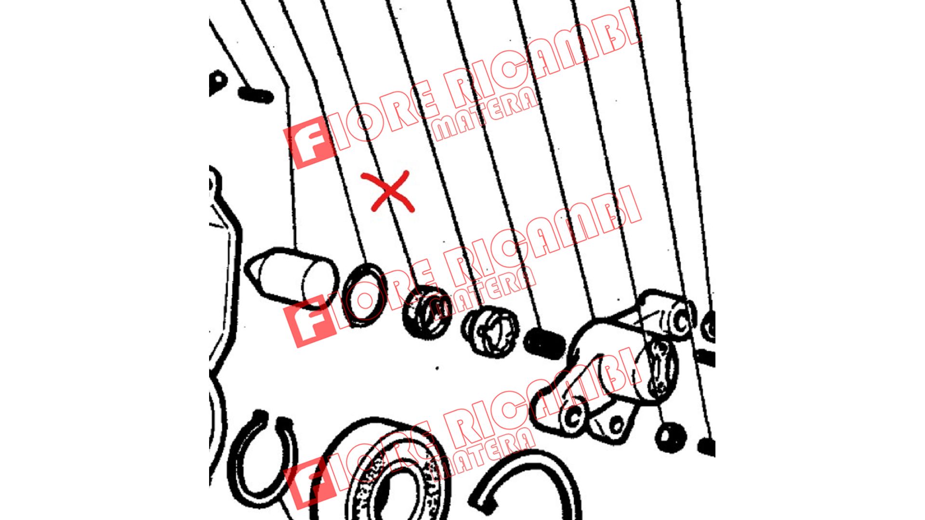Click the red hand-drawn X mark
[388, 191]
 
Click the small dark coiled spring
[544, 343]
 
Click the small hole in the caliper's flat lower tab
[616, 424]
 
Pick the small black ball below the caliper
[671, 437]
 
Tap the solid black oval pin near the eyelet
[256, 94]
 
